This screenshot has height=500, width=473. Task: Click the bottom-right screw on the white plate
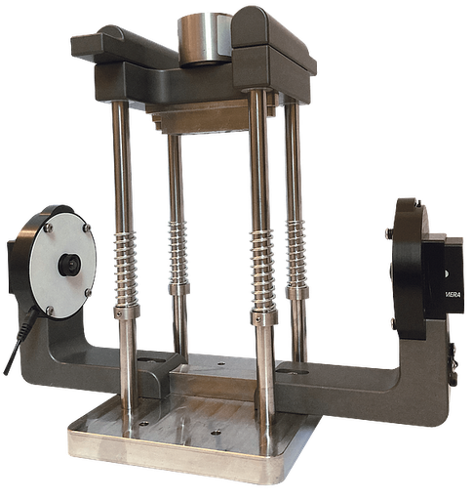point(91,291)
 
